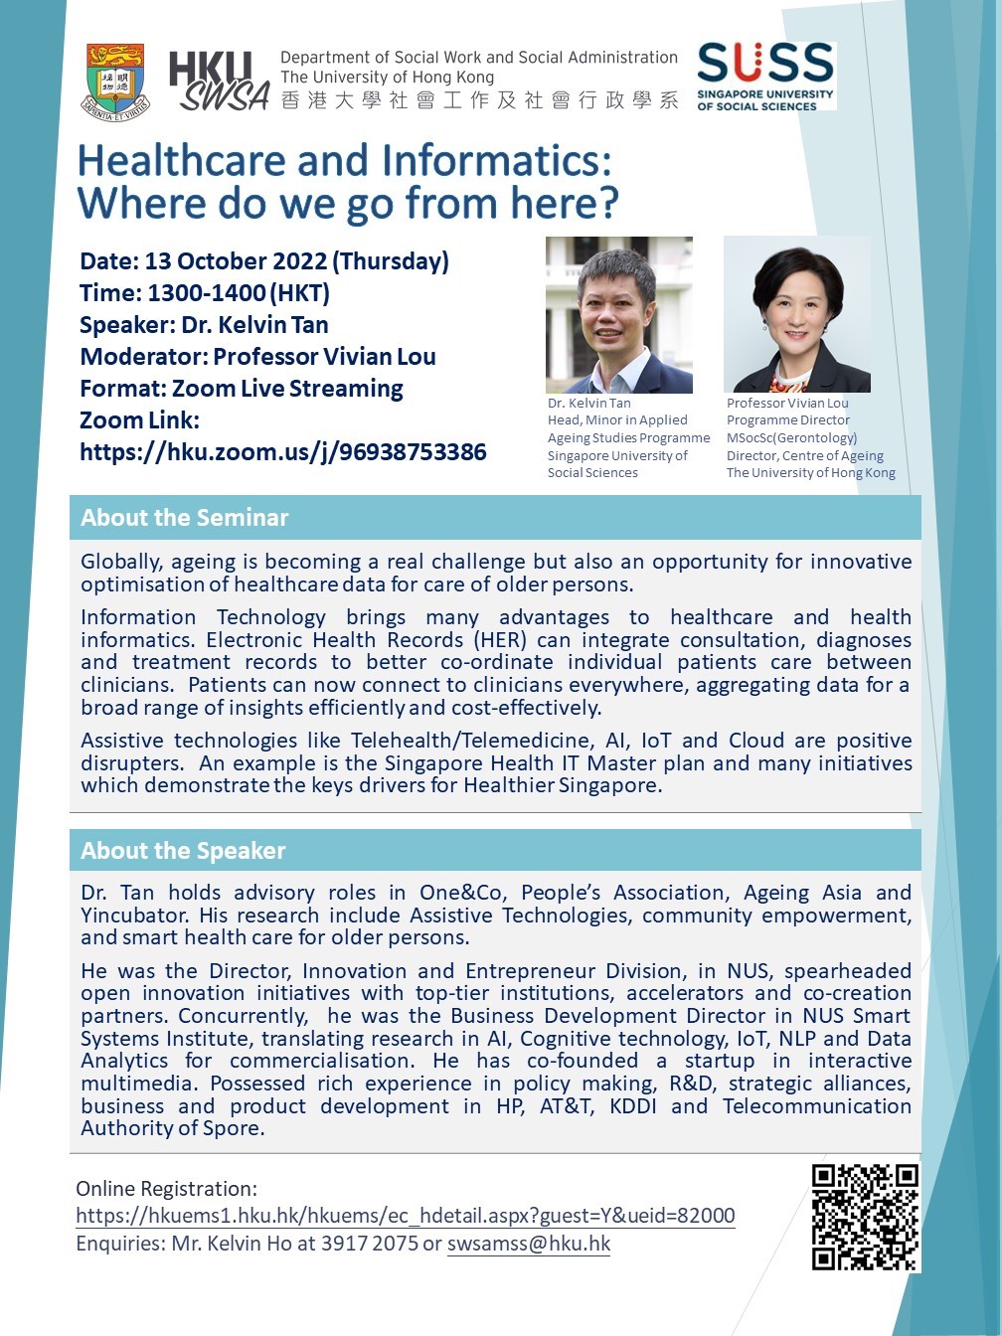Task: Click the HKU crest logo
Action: point(116,80)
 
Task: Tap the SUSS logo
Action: point(765,76)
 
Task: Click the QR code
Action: point(864,1217)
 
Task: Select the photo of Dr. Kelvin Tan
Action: point(618,314)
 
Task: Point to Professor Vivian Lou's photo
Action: point(797,314)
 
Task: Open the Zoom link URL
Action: point(283,452)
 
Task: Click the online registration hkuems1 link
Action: point(406,1216)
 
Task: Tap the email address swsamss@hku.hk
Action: point(529,1244)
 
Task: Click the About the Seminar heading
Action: point(185,518)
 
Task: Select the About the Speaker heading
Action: point(183,851)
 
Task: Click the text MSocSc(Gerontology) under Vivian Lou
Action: point(791,438)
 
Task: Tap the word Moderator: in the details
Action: point(143,357)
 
